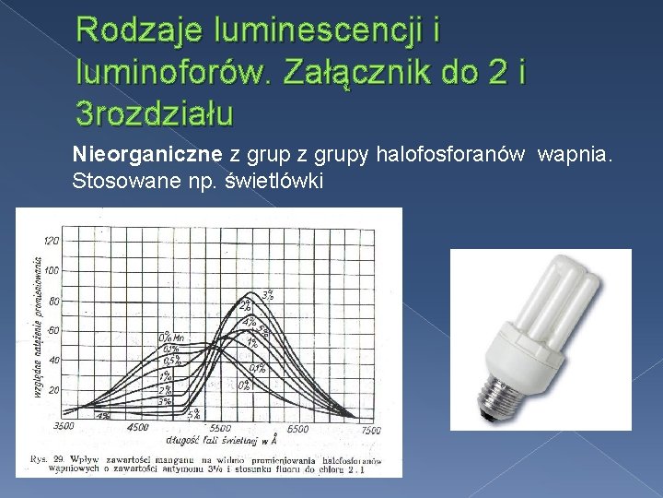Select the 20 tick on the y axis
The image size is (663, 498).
[x=52, y=390]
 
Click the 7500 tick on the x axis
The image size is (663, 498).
[x=369, y=430]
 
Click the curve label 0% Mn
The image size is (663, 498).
[x=171, y=336]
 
